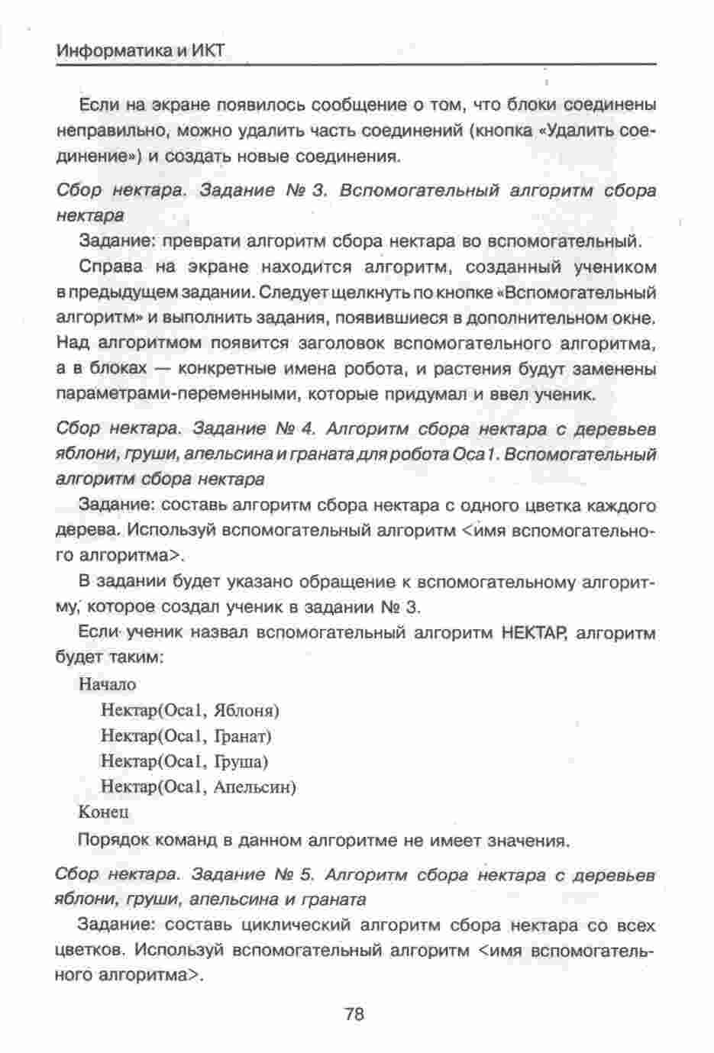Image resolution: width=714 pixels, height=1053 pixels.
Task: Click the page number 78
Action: (x=354, y=1014)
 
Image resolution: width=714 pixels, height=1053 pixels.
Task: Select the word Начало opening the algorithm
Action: (x=107, y=684)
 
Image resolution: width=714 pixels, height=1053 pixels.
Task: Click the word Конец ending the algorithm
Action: (x=104, y=812)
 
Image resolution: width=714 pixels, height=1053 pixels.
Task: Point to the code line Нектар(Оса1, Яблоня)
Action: (x=190, y=710)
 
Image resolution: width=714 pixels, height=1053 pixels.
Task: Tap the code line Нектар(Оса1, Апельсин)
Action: (x=199, y=787)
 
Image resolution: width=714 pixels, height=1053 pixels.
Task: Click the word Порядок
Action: (x=113, y=841)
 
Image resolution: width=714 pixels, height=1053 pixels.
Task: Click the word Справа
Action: (x=111, y=267)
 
